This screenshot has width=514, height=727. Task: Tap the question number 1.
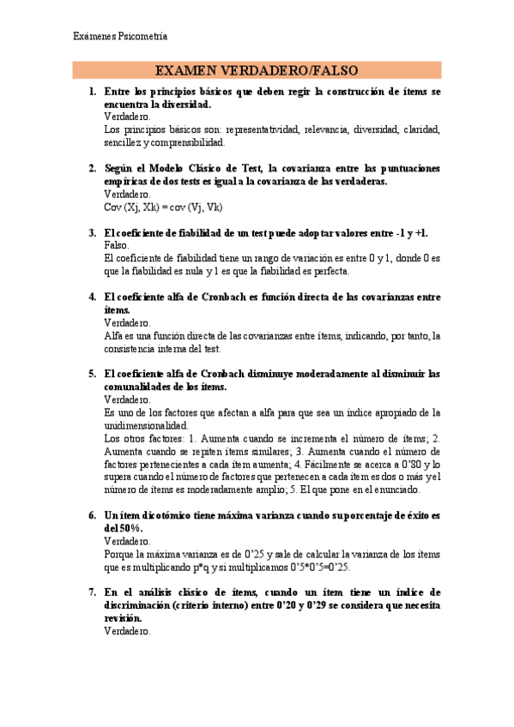point(93,91)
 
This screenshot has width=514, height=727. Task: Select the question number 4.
point(93,297)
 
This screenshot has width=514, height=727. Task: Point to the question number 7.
point(93,592)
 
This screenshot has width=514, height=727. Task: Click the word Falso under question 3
point(117,244)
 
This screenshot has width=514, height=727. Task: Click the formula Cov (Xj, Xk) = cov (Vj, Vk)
point(162,207)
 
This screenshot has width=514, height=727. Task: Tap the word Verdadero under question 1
point(127,116)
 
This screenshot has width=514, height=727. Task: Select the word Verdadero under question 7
point(127,631)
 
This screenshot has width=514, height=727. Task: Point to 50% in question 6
point(121,529)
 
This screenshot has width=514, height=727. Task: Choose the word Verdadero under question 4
point(127,322)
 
